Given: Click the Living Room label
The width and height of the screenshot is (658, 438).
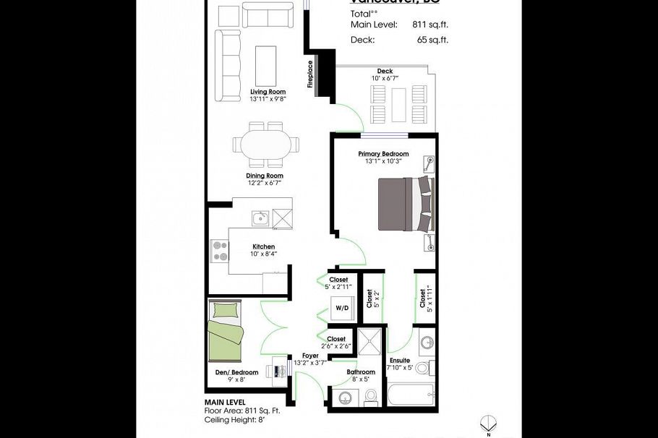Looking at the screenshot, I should (x=268, y=92).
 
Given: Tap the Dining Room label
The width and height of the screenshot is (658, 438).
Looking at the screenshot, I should (x=264, y=176).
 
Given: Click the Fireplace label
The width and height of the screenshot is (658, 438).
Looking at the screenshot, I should (x=310, y=74).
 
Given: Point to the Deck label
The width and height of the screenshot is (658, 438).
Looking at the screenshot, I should (x=385, y=71).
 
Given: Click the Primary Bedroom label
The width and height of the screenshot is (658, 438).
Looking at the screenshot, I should (x=383, y=154).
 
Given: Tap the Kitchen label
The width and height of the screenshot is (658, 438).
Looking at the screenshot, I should (x=263, y=246).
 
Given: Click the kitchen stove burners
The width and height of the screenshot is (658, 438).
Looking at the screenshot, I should (x=219, y=250).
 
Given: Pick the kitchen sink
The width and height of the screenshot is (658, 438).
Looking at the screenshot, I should (x=260, y=218).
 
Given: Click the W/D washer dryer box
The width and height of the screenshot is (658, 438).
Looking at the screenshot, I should (x=341, y=308).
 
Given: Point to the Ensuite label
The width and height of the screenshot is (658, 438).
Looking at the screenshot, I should (x=400, y=360).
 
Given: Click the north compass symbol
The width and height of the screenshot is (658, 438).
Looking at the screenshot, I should (x=488, y=424).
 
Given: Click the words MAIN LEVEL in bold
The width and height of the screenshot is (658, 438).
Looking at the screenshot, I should (x=224, y=402).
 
